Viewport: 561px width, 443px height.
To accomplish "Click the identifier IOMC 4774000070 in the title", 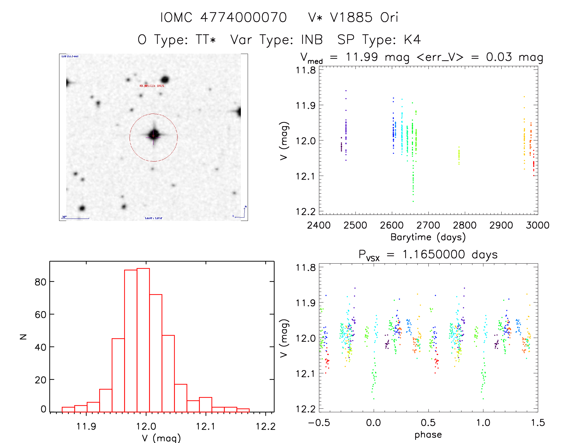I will (223, 17).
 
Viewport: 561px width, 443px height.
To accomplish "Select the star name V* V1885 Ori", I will (353, 17).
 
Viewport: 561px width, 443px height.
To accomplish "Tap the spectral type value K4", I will (412, 40).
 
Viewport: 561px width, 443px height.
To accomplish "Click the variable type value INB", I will (312, 40).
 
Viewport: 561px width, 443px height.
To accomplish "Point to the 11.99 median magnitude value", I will (362, 57).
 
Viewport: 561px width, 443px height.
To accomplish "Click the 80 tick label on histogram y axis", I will (40, 282).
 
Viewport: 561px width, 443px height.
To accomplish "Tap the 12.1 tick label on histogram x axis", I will (206, 426).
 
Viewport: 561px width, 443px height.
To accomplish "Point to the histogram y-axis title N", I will (23, 337).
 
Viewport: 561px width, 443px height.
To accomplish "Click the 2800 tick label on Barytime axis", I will (464, 225).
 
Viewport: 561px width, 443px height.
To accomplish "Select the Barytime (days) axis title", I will (428, 237).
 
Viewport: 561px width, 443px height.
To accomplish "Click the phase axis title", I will (428, 435).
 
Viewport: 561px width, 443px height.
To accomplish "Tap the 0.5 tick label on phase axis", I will (428, 423).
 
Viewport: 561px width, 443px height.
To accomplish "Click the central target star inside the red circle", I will (154, 135).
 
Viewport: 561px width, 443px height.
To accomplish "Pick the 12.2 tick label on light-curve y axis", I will (306, 211).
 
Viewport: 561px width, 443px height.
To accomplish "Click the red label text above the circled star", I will (152, 86).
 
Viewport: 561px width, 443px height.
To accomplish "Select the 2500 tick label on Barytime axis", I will (355, 225).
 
